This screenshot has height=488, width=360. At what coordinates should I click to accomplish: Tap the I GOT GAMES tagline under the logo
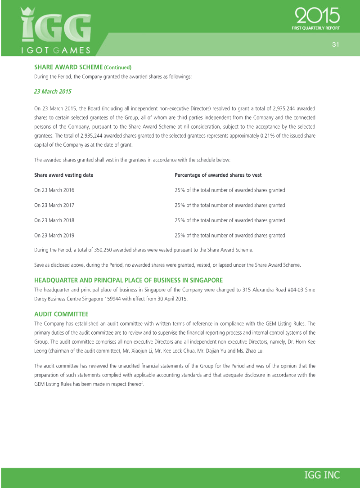click(57, 50)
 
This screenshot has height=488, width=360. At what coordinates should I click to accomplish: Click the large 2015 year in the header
click(317, 17)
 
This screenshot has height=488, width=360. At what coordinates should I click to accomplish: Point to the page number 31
click(335, 44)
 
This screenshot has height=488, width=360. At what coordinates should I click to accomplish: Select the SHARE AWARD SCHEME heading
click(68, 67)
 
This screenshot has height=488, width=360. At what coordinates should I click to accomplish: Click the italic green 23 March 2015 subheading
click(53, 91)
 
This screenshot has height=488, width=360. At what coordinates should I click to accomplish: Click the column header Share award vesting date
click(64, 175)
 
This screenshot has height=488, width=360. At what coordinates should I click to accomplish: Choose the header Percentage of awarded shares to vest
click(218, 175)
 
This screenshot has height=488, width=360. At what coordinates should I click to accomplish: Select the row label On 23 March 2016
click(54, 190)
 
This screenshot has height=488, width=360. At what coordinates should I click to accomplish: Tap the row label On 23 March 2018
click(54, 220)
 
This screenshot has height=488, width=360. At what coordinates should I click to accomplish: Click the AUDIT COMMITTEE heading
click(61, 313)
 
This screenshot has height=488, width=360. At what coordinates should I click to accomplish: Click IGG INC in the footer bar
click(322, 475)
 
